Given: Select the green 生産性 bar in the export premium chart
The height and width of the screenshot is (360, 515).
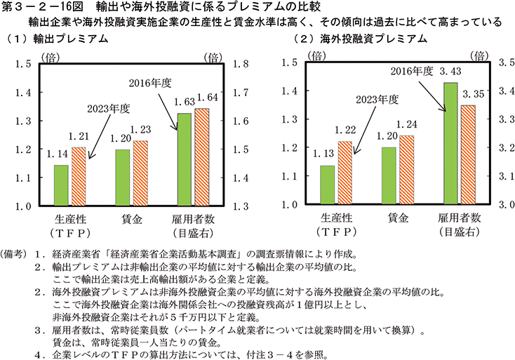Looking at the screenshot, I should click(x=62, y=185).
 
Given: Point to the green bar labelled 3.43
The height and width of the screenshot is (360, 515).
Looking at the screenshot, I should click(x=448, y=144).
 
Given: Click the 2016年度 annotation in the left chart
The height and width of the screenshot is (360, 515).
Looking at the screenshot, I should click(x=150, y=83).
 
